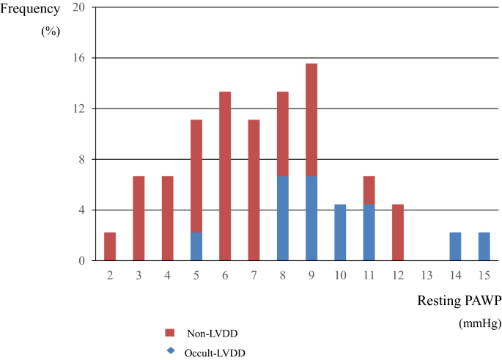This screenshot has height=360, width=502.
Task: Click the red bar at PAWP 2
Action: tap(110, 246)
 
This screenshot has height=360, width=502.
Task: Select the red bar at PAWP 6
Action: tap(225, 176)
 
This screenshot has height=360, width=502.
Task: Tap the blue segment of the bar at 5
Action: tap(196, 246)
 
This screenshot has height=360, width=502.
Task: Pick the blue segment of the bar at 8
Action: tap(282, 218)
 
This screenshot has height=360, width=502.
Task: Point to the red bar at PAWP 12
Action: tap(397, 232)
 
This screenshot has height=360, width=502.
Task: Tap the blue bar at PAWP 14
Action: tap(455, 246)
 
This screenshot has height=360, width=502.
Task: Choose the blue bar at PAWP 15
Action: tap(484, 246)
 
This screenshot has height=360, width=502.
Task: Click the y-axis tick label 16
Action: tap(80, 58)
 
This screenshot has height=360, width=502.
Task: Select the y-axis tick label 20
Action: tap(80, 7)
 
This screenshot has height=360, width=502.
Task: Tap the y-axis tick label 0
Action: tap(83, 260)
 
